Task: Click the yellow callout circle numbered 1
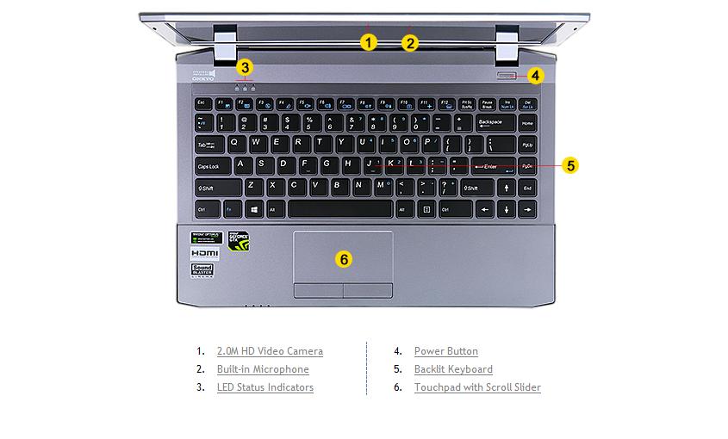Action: click(369, 42)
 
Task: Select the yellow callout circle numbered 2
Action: click(410, 42)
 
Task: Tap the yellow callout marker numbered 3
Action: click(246, 67)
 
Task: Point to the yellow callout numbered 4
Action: click(535, 76)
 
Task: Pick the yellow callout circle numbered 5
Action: click(569, 165)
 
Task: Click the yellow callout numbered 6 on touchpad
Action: click(344, 258)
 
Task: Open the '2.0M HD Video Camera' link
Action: click(270, 351)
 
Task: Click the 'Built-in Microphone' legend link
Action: click(263, 369)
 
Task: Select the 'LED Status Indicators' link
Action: click(265, 387)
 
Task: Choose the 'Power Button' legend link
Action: click(445, 351)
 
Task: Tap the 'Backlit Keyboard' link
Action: click(453, 369)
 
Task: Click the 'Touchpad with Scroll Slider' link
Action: click(477, 387)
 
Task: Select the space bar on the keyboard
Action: click(340, 209)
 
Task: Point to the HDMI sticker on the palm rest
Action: click(205, 254)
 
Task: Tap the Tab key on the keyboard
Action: click(208, 145)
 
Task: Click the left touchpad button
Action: click(318, 290)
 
